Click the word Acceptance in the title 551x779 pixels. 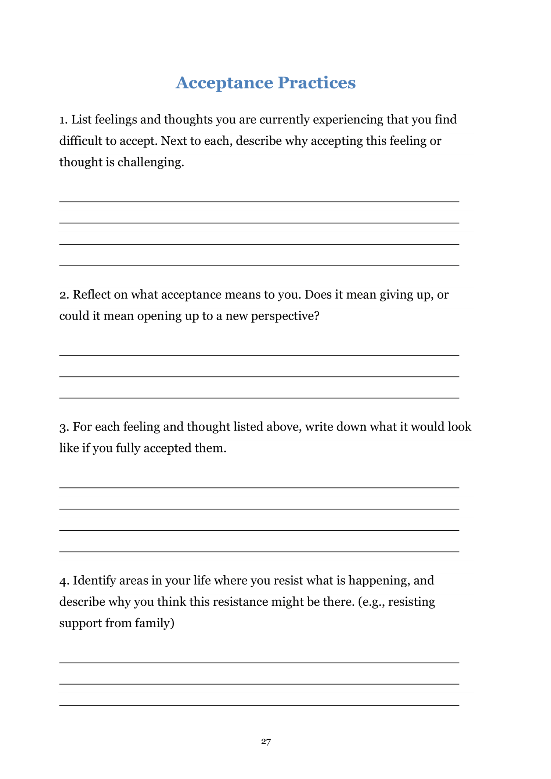click(224, 83)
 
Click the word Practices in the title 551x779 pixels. click(316, 83)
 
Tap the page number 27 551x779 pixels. click(266, 742)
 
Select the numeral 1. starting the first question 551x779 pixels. click(64, 120)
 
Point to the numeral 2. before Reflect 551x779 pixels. click(64, 295)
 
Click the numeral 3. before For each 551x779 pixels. click(64, 427)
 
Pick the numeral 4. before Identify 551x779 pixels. click(64, 581)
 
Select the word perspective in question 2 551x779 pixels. click(285, 316)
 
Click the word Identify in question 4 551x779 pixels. click(94, 581)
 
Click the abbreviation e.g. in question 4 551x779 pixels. click(371, 602)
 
